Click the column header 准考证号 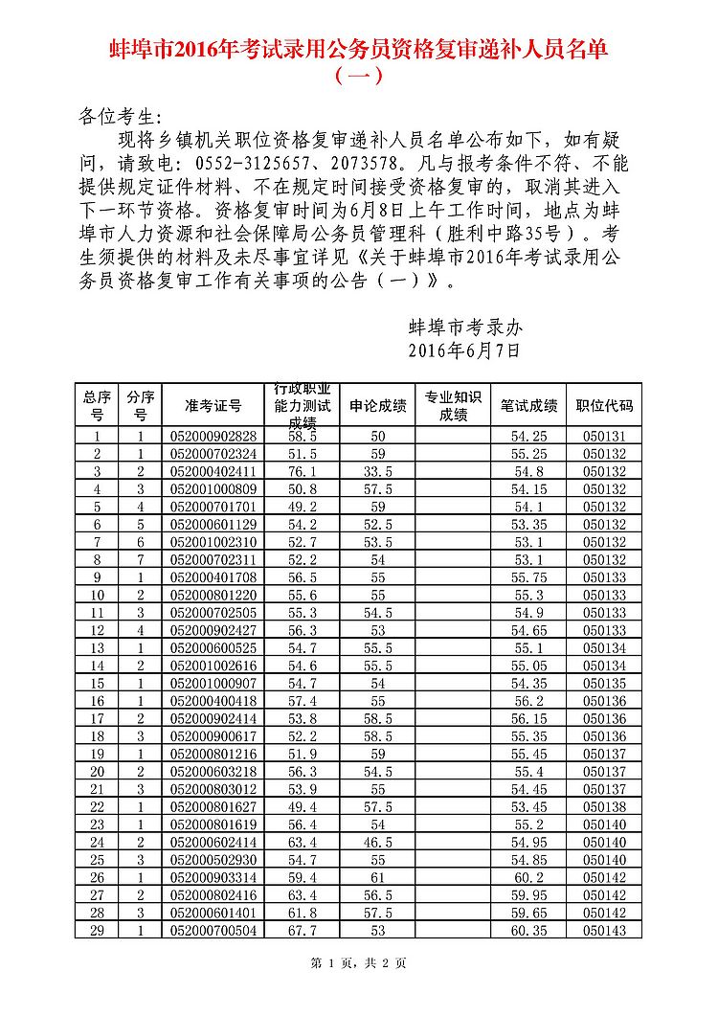213,406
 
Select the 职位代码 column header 604,406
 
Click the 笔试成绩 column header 528,406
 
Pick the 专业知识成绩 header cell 453,406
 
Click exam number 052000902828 213,436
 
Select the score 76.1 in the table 302,471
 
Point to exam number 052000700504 213,930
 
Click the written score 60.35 528,930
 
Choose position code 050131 604,436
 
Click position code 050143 604,930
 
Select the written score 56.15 528,718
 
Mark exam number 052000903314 213,877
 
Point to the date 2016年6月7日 464,350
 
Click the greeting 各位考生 115,117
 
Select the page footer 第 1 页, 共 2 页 358,963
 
